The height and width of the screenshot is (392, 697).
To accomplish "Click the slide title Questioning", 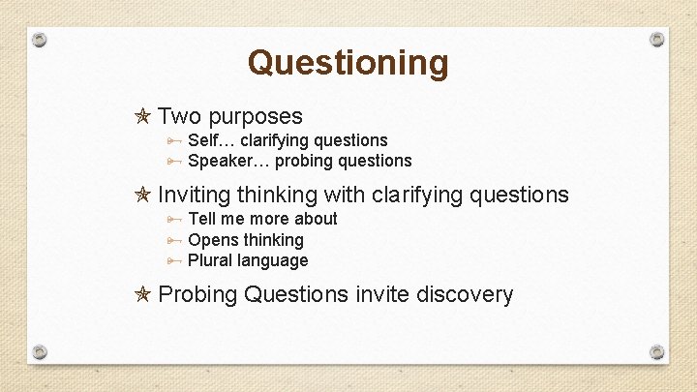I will [x=348, y=63].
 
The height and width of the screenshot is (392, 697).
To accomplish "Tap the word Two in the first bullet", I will [x=179, y=117].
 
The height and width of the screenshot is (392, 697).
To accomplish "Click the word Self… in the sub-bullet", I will [x=211, y=140].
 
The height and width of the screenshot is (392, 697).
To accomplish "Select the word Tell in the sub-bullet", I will [x=203, y=219].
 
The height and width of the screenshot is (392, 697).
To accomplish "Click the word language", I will [x=277, y=261].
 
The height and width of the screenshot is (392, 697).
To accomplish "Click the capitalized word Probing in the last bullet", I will [x=197, y=295].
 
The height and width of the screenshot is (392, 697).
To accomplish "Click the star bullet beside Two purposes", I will [x=142, y=118].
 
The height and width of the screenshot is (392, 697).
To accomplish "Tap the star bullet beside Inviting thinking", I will [x=142, y=196].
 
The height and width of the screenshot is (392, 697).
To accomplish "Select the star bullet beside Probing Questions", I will [x=142, y=295].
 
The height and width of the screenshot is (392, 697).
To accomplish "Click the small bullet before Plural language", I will [x=173, y=261].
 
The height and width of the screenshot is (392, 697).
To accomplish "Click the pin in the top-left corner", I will [x=39, y=40].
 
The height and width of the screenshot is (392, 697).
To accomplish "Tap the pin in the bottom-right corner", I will [x=657, y=351].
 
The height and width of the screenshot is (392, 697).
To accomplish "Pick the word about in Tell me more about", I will [x=316, y=219].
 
